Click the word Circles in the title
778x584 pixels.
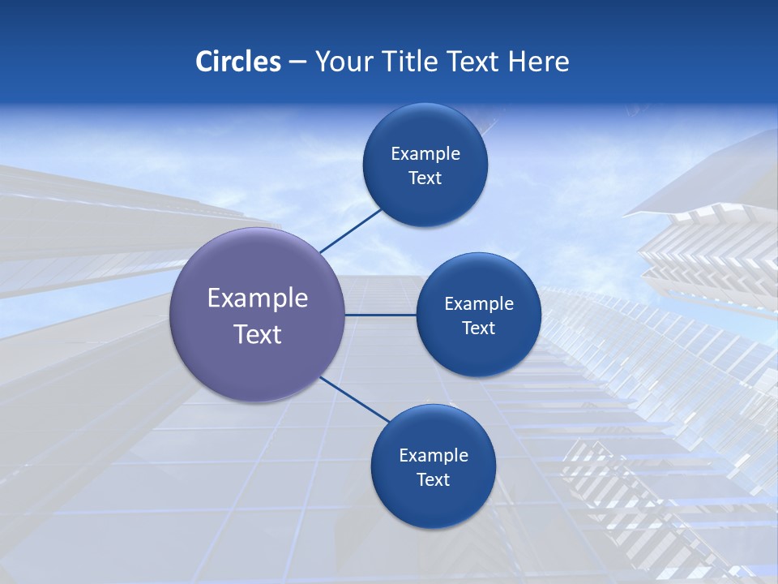[237, 62]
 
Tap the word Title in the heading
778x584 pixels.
[416, 62]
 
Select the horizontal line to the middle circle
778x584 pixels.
[381, 315]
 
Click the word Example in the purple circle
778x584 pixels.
[258, 298]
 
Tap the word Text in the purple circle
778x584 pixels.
[258, 334]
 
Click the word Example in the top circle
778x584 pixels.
[425, 154]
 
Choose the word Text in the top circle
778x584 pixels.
[425, 178]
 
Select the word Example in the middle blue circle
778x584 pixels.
[479, 304]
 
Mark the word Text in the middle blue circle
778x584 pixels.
[478, 328]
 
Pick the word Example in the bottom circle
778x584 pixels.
[434, 456]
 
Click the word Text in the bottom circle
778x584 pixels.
[433, 480]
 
